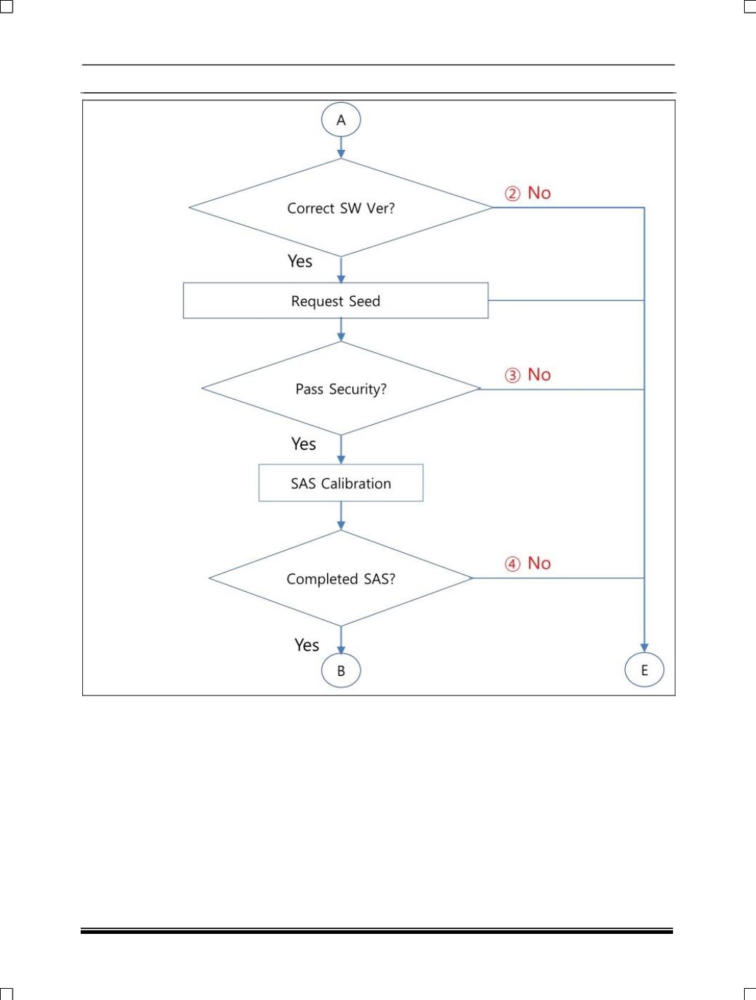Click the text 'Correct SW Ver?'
(x=340, y=208)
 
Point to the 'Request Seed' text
(x=335, y=301)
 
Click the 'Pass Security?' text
(x=340, y=389)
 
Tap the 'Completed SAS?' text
(x=340, y=579)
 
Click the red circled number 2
(x=513, y=193)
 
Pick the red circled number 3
(x=513, y=376)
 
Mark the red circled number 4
(x=513, y=564)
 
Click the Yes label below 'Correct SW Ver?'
(x=300, y=261)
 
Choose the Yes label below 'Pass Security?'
(x=303, y=444)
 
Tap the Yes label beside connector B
(x=307, y=645)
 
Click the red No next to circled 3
(x=539, y=375)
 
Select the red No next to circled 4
(x=539, y=563)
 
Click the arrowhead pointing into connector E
(x=644, y=648)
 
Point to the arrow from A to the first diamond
(x=340, y=147)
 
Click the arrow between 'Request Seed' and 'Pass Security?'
(x=340, y=330)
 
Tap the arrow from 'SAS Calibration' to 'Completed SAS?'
(x=340, y=515)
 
